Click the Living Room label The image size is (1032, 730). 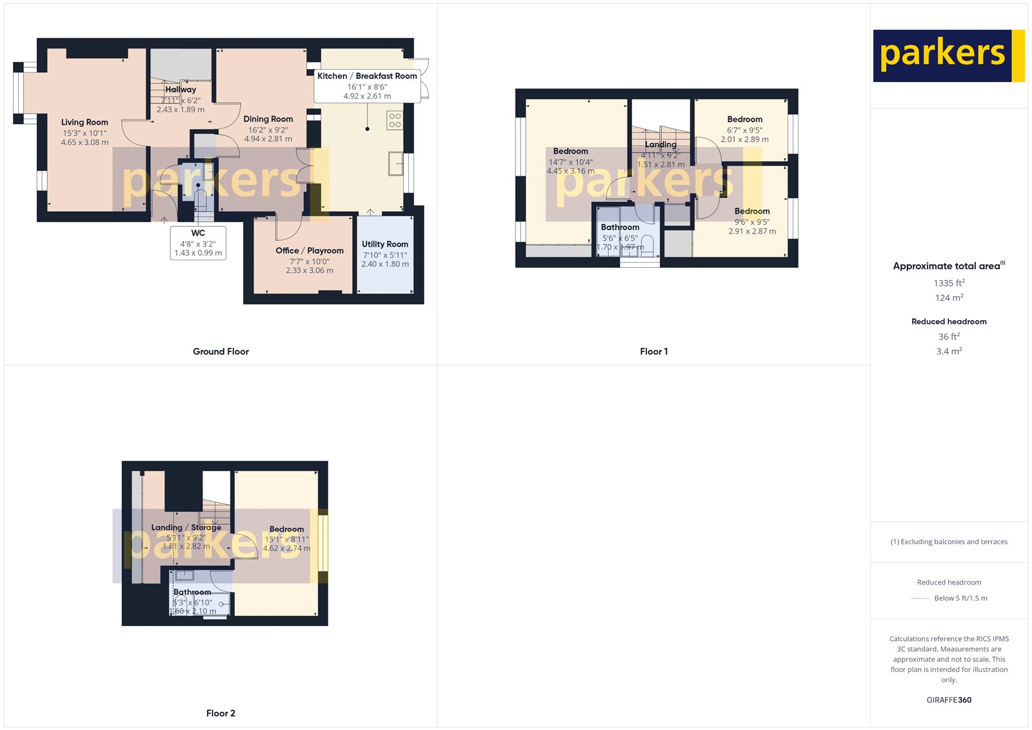[x=84, y=122]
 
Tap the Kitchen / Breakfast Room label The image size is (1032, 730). [x=367, y=76]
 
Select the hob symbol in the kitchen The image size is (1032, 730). [x=395, y=120]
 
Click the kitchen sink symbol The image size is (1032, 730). [x=395, y=163]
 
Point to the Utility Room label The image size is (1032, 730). [x=385, y=244]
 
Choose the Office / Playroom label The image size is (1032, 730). [x=310, y=250]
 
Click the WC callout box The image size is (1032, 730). [x=198, y=243]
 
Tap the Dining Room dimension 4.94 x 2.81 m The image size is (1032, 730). [x=268, y=139]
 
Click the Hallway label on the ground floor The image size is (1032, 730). [x=181, y=90]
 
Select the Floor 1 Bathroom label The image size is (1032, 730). [x=620, y=227]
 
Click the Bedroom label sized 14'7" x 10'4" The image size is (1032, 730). [x=571, y=151]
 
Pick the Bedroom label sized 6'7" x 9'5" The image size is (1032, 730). [x=744, y=119]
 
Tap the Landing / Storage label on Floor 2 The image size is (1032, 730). [x=186, y=527]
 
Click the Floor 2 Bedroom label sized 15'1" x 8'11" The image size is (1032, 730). [x=286, y=529]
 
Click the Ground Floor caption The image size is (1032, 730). [x=221, y=352]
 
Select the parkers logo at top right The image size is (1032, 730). [x=948, y=56]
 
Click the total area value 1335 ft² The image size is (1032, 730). [x=949, y=283]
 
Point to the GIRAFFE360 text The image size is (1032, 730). [x=949, y=700]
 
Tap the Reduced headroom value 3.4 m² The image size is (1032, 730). [x=949, y=351]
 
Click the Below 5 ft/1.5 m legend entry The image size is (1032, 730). [x=960, y=598]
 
